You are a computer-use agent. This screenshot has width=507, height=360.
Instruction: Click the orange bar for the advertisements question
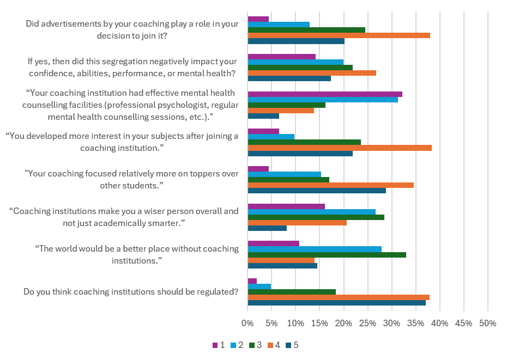coord(339,35)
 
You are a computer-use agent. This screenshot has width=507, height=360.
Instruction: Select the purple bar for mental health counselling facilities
coord(325,94)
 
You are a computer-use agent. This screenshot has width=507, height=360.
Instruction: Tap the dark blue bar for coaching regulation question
coord(336,303)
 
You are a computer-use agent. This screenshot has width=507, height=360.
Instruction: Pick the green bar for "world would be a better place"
coord(327,255)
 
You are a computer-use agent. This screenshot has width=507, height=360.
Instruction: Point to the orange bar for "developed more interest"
coord(340,148)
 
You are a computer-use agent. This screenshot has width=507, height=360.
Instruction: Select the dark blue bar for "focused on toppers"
coord(317,191)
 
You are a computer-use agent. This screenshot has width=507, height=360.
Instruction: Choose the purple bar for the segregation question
coord(281,57)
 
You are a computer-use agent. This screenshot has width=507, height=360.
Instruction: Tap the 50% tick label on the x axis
coord(487,324)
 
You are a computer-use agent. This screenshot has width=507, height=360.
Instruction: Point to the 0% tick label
coord(248,324)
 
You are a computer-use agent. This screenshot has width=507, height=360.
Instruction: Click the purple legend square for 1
coord(215,345)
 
